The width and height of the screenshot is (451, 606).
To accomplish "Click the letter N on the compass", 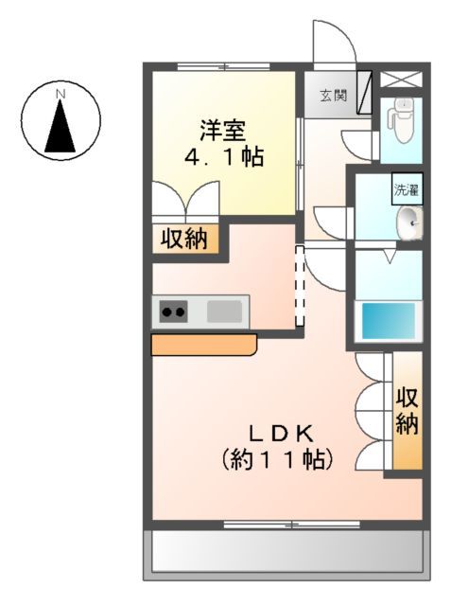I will point(61,94).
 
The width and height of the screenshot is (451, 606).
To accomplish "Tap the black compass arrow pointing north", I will point(61,125).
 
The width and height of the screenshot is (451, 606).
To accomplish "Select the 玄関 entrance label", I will point(332,95).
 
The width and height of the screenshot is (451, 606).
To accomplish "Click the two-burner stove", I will point(174,310).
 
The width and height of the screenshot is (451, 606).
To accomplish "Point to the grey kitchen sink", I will point(225,310).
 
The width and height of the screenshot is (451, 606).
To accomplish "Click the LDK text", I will point(280,434).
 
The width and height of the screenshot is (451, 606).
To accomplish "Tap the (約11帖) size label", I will point(277,461).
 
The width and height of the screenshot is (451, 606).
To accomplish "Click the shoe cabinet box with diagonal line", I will point(364,93).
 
